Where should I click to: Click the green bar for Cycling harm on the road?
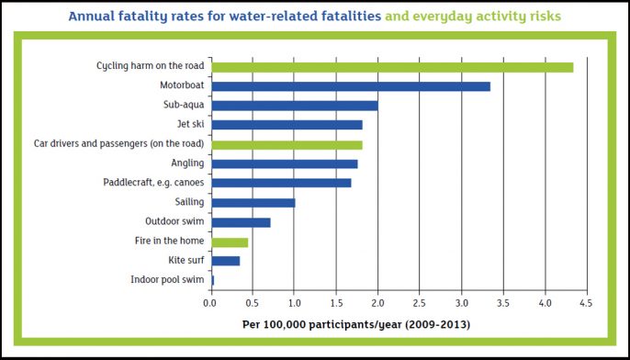coord(392,66)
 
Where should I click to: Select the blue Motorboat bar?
coord(351,86)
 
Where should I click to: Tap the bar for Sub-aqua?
coord(294,106)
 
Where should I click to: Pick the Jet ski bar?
coord(287,125)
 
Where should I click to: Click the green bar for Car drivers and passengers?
coord(287,144)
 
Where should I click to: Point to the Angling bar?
coord(284,163)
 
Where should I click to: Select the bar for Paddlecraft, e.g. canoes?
coord(281,183)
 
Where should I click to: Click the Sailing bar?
coord(253,202)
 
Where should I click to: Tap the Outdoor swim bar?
coord(241,222)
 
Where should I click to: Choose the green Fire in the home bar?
coord(230,242)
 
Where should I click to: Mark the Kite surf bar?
coord(225,261)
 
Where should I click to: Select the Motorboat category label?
coord(182,86)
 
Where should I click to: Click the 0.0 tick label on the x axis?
coord(210,302)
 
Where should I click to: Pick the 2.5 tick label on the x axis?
coord(419,302)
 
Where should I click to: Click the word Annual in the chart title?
coord(93,16)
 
